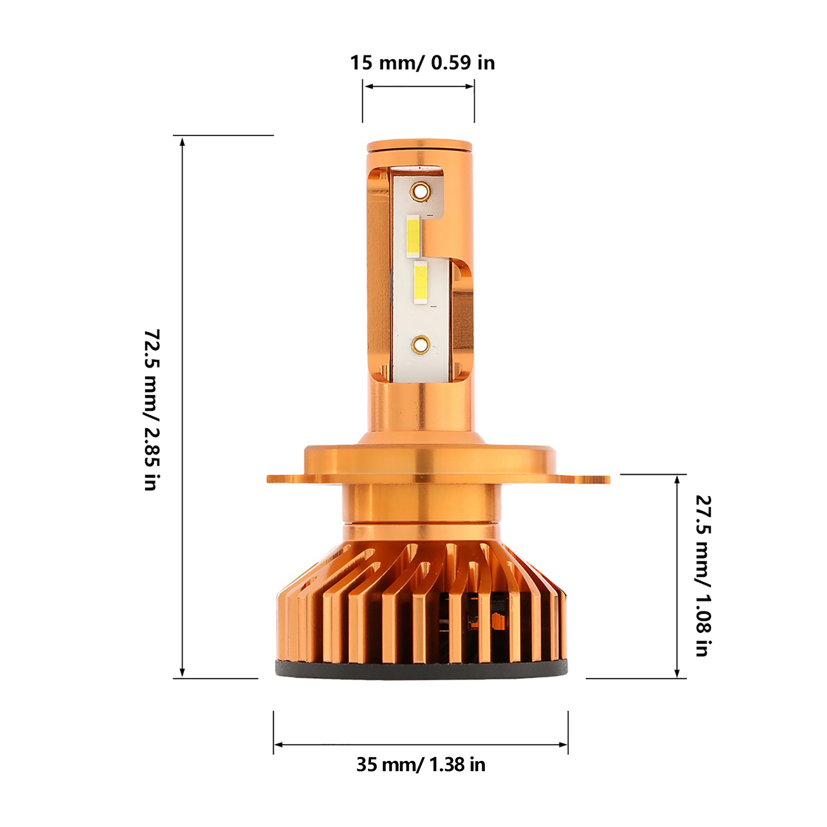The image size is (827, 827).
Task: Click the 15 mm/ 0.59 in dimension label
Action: click(422, 63)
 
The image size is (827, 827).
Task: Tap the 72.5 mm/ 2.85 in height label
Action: click(152, 409)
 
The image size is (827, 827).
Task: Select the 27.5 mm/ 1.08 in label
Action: click(703, 576)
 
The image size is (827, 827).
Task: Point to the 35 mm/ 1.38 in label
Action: click(421, 764)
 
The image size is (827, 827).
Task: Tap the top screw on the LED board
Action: click(420, 191)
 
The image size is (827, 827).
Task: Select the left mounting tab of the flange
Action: click(286, 479)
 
